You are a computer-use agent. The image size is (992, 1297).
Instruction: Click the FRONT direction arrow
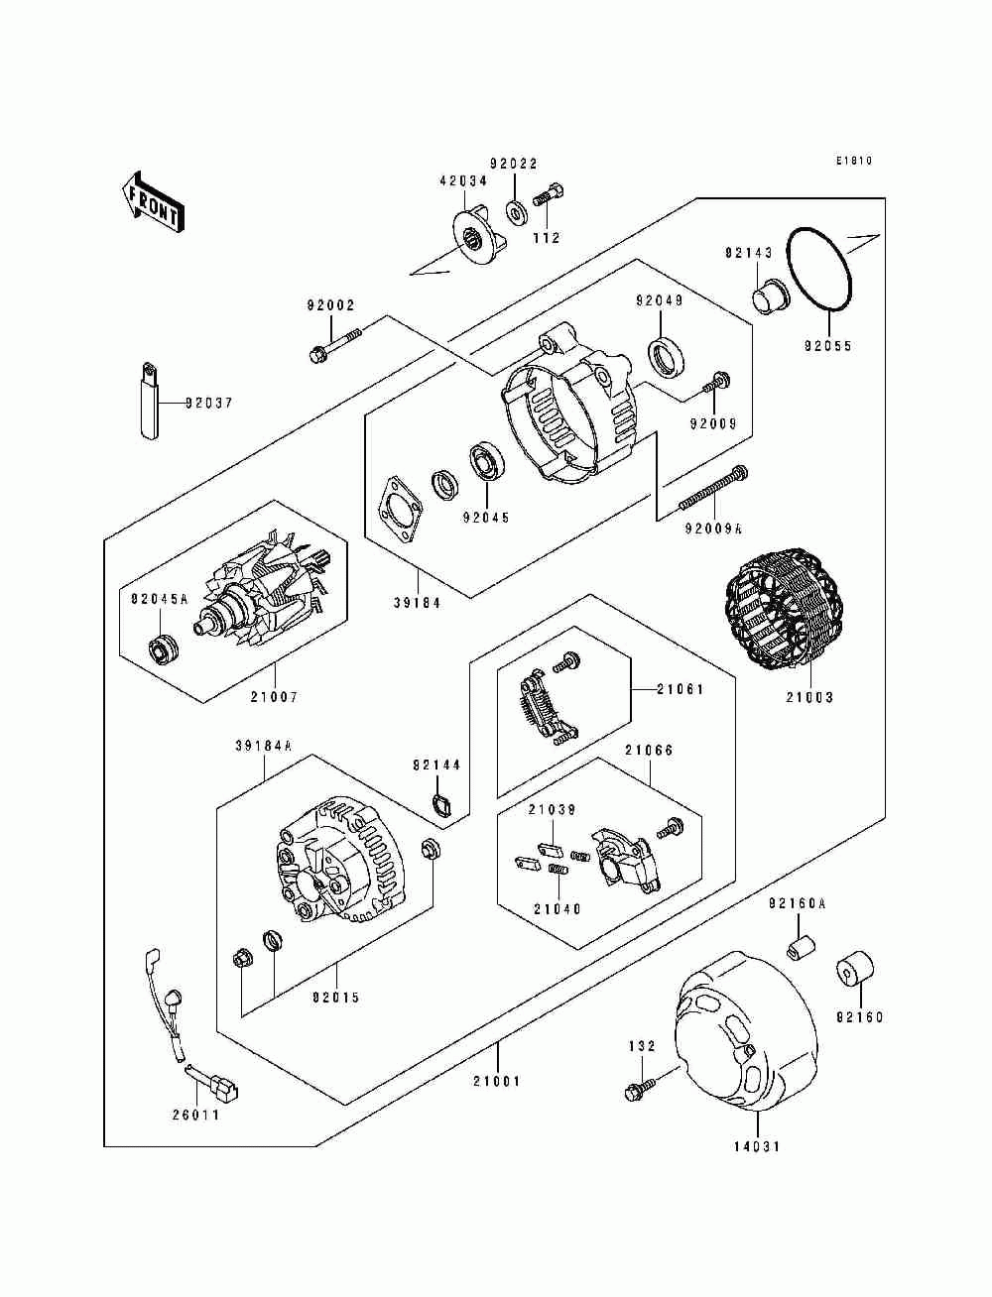[153, 202]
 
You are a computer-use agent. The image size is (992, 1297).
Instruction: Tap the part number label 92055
[827, 346]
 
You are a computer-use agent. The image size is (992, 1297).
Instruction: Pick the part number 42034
[463, 181]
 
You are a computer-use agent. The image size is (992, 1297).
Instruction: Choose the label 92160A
[798, 920]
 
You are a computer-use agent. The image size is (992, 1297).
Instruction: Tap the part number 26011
[195, 1115]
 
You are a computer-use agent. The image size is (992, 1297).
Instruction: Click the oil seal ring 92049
[668, 356]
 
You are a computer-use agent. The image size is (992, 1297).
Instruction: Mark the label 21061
[680, 689]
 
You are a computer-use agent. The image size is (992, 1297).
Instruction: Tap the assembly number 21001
[497, 1081]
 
